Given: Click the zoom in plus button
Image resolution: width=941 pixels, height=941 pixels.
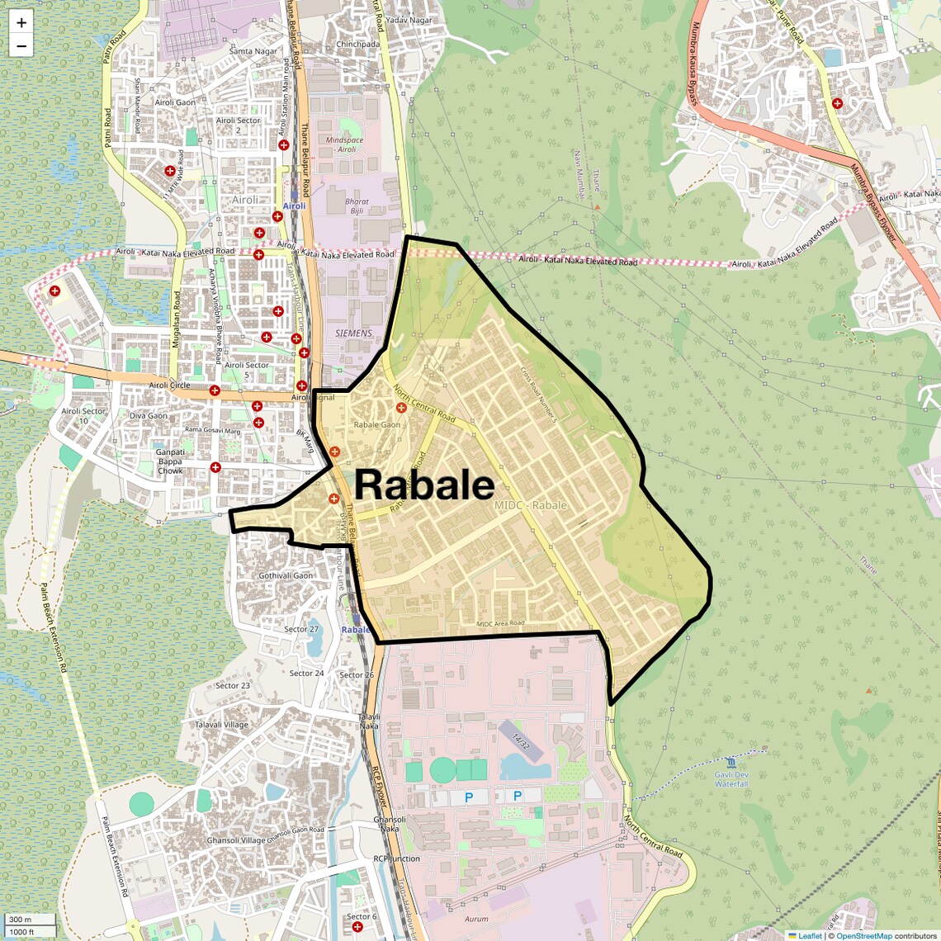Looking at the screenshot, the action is (x=21, y=23).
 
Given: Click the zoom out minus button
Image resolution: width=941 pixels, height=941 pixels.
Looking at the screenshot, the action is (x=21, y=46).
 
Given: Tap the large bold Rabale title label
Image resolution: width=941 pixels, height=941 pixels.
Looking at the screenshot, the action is (x=424, y=485).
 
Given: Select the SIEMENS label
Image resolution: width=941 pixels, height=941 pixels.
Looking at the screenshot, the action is (x=353, y=333).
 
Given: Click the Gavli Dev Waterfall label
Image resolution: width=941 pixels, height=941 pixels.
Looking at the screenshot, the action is (x=731, y=779).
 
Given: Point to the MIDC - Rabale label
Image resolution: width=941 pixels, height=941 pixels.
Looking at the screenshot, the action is (x=531, y=505).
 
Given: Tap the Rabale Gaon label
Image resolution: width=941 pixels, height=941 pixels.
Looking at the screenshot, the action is (x=376, y=425).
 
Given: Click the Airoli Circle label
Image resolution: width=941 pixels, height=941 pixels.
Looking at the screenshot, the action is (x=169, y=385).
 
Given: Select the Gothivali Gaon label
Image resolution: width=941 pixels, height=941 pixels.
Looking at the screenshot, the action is (x=286, y=576).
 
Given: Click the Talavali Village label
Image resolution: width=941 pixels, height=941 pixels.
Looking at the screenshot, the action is (x=221, y=725).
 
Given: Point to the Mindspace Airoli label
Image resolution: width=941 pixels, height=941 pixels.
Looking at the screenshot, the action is (x=344, y=144).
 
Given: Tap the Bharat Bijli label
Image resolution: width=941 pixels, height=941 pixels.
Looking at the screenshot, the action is (x=357, y=206).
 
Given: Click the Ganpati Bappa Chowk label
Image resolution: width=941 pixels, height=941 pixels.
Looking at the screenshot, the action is (x=170, y=461).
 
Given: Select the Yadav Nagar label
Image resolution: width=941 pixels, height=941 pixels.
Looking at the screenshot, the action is (x=409, y=21).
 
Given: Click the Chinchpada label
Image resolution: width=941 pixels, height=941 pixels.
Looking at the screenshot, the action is (x=357, y=45).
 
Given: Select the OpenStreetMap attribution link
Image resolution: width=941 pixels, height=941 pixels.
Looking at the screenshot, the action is (x=863, y=936).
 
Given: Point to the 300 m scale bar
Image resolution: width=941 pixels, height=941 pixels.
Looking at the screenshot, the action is (x=30, y=919).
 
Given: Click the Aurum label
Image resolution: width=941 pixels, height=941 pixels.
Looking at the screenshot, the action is (x=476, y=919).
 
